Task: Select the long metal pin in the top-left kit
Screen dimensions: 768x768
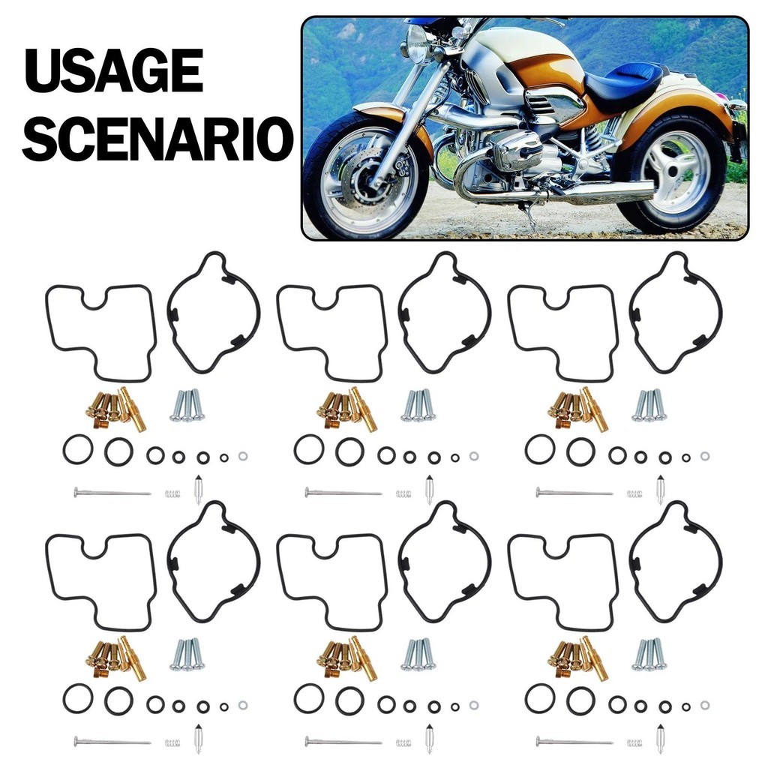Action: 112,493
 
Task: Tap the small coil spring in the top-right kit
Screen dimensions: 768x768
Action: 634,493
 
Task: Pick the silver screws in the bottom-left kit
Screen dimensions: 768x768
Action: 187,654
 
